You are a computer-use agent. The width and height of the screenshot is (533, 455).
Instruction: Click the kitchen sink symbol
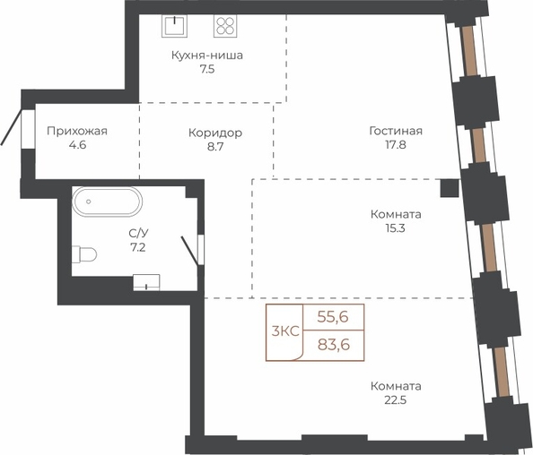[x=174, y=26]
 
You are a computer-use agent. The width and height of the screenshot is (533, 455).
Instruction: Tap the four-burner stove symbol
[x=225, y=26]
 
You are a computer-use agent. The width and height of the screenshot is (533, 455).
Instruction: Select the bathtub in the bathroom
[x=107, y=202]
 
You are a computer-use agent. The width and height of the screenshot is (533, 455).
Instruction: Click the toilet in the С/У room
[x=84, y=254]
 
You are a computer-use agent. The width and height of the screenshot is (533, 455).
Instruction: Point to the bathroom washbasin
[x=146, y=283]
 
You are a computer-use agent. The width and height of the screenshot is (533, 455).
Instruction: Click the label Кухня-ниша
[x=207, y=55]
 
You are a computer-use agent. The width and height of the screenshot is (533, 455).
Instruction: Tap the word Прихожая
[x=77, y=131]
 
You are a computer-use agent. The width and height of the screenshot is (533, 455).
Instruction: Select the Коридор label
[x=215, y=133]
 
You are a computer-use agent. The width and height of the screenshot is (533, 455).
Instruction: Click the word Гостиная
[x=396, y=131]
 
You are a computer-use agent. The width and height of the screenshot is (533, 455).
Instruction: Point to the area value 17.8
[x=396, y=145]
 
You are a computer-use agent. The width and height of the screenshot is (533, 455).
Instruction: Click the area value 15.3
[x=396, y=228]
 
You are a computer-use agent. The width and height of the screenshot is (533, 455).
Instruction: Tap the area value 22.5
[x=396, y=400]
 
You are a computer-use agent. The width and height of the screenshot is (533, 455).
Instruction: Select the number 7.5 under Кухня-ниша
[x=207, y=70]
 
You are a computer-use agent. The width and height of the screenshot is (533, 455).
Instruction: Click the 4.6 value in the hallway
[x=77, y=145]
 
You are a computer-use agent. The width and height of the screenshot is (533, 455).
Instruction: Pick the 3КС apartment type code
[x=285, y=331]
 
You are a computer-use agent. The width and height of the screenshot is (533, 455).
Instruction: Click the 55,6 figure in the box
[x=333, y=317]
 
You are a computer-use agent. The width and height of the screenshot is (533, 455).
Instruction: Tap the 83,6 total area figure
[x=334, y=345]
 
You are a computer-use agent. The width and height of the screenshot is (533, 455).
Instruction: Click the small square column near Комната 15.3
[x=450, y=188]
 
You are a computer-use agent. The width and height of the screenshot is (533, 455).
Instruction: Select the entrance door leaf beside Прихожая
[x=11, y=127]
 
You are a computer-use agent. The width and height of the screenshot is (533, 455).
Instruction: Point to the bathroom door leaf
[x=189, y=251]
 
